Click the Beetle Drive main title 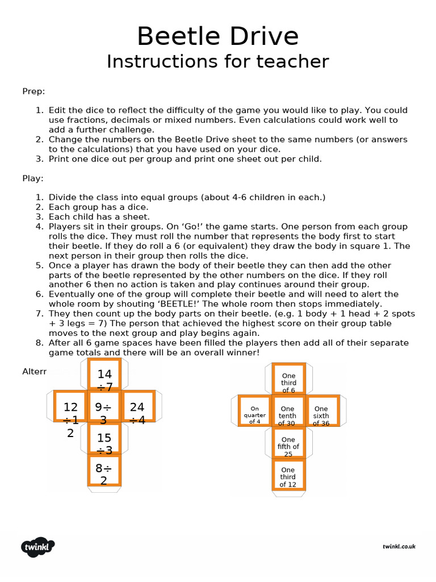217,37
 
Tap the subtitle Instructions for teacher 217,61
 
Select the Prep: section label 33,91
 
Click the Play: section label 33,178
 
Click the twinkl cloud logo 38,547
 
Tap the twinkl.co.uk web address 399,546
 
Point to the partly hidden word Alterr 34,372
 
